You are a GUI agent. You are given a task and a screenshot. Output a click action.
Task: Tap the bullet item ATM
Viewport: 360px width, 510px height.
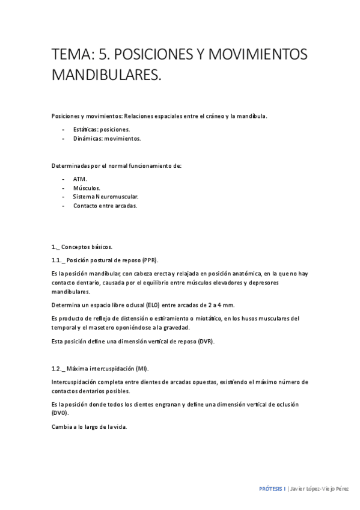pos(80,179)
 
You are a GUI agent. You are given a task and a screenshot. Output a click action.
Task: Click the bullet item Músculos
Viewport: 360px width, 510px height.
pos(87,188)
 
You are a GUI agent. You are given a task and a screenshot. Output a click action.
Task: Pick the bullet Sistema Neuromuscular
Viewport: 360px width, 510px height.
pos(106,197)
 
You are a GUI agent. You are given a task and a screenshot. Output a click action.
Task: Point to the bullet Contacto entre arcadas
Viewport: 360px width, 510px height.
pos(105,206)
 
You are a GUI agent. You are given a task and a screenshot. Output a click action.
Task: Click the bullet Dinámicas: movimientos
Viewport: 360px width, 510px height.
pos(106,138)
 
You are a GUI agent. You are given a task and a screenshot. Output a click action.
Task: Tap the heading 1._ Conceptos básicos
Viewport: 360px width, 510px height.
pos(82,247)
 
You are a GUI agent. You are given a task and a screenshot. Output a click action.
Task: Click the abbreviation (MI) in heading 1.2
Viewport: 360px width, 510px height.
pos(141,368)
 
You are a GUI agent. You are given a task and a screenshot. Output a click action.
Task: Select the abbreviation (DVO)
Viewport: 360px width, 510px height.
pos(60,414)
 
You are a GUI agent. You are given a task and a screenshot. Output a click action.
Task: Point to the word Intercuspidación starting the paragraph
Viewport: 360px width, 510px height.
pos(76,381)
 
